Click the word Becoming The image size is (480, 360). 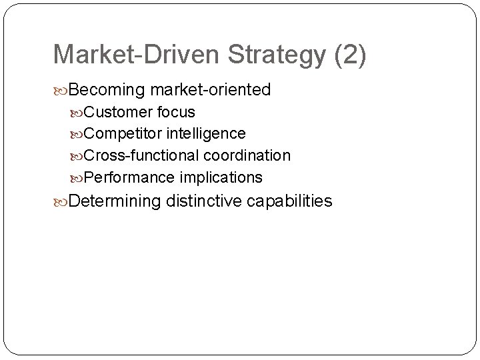(108, 89)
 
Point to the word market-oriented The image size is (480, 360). (211, 89)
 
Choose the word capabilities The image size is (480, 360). (289, 201)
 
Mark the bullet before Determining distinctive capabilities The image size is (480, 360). (63, 201)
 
